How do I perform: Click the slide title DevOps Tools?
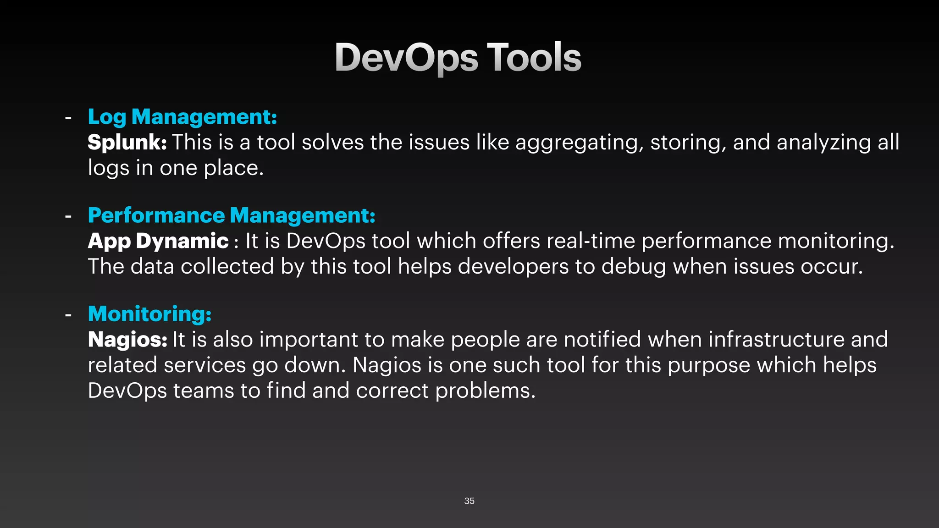tap(458, 57)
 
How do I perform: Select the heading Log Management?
tap(182, 117)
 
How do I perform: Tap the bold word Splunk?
tap(127, 143)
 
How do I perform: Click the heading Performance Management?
tap(231, 215)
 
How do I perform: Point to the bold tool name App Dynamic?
tap(158, 241)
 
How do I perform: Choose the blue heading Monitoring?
tap(149, 314)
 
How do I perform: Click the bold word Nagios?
tap(127, 340)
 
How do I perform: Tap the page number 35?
tap(469, 501)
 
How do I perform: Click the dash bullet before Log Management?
tap(68, 118)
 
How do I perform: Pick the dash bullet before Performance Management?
tap(68, 216)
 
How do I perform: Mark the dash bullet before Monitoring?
tap(68, 315)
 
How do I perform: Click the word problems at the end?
tap(485, 391)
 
